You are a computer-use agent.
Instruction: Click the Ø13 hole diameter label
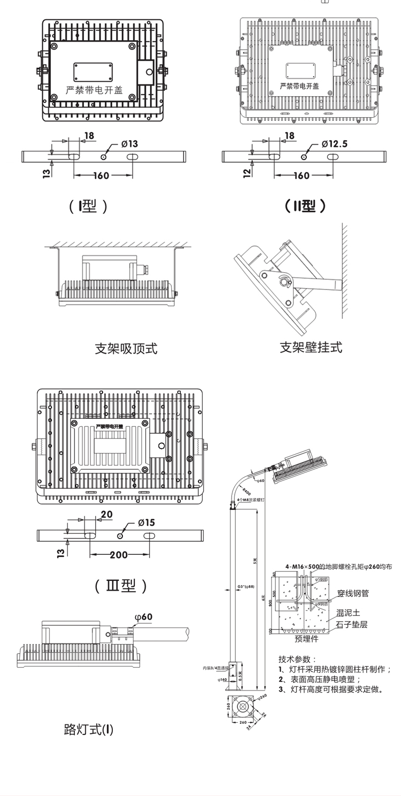coord(129,144)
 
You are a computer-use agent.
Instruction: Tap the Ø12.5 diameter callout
coord(334,144)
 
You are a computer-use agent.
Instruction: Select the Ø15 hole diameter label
coord(146,522)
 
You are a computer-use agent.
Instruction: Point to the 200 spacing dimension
coord(119,555)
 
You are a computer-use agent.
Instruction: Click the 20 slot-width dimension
coord(106,514)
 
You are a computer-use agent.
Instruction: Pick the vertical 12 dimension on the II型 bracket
coord(246,172)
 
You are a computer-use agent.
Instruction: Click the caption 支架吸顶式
coord(126,349)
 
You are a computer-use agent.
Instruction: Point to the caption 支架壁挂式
coord(311,347)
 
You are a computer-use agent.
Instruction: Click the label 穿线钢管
coord(352,593)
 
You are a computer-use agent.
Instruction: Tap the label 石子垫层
coord(352,624)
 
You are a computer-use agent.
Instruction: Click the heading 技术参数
coord(297,659)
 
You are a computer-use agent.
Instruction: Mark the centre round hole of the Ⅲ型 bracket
coord(121,535)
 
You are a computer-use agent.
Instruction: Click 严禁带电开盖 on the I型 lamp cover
coord(94,90)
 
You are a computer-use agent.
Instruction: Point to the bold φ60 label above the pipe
coord(143,617)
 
